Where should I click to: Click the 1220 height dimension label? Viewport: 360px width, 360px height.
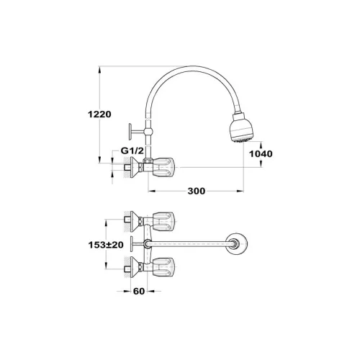(99, 114)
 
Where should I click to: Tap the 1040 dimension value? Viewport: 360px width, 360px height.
(261, 154)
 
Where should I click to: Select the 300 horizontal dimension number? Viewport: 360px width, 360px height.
(197, 191)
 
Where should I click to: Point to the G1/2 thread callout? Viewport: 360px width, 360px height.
(132, 150)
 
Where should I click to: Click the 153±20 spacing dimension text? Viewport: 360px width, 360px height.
(106, 245)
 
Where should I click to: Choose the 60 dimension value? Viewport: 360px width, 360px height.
(139, 291)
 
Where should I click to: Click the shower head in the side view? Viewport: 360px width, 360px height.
(242, 128)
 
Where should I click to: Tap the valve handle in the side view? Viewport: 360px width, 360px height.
(164, 167)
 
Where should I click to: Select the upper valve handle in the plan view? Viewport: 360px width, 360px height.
(164, 222)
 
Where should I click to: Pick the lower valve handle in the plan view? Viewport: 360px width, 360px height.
(164, 267)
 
